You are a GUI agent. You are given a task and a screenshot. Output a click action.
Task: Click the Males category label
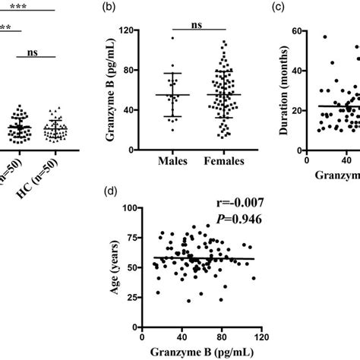click(x=173, y=162)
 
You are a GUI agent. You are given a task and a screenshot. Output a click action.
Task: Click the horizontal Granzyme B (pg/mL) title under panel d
click(x=201, y=351)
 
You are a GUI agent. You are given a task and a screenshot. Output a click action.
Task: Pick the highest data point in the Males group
click(x=172, y=38)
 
